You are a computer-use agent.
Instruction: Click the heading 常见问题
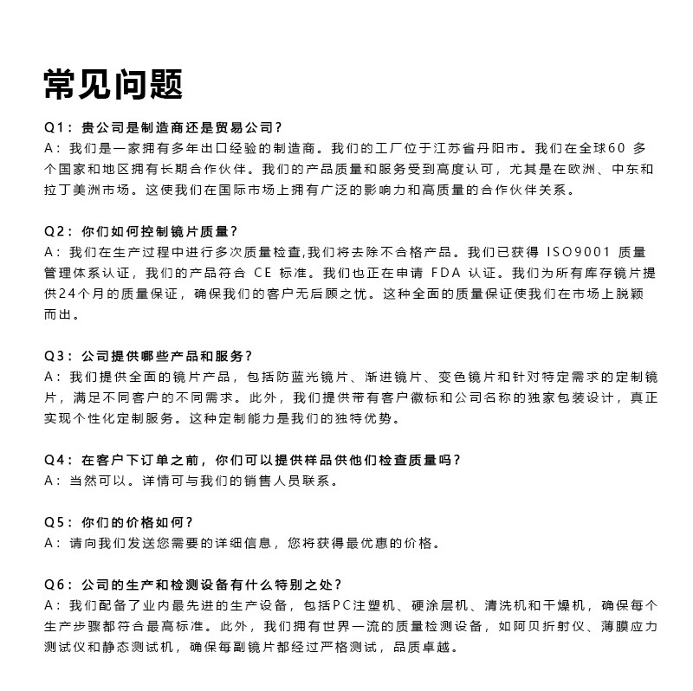113,84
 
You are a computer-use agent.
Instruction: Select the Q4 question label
55,460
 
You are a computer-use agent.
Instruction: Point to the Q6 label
55,584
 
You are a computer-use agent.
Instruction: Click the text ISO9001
578,252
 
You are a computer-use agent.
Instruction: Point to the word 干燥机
566,605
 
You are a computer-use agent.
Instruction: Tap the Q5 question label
55,522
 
